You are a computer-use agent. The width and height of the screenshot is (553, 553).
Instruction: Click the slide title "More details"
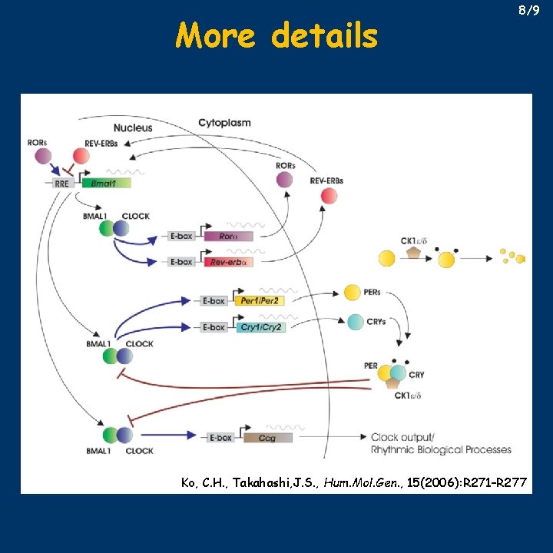pyautogui.click(x=276, y=35)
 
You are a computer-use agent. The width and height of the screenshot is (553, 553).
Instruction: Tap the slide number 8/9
pyautogui.click(x=529, y=12)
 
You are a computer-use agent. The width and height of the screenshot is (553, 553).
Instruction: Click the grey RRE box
pyautogui.click(x=62, y=183)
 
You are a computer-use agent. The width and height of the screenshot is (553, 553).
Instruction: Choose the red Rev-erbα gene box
pyautogui.click(x=227, y=262)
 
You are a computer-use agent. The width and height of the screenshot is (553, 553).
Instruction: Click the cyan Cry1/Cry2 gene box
pyautogui.click(x=261, y=327)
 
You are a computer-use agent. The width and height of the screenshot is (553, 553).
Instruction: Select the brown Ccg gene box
pyautogui.click(x=267, y=438)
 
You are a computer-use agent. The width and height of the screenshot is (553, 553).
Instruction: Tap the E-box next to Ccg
pyautogui.click(x=220, y=438)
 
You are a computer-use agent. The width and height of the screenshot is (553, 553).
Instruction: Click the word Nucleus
pyautogui.click(x=133, y=127)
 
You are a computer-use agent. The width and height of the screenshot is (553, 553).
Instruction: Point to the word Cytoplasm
pyautogui.click(x=224, y=123)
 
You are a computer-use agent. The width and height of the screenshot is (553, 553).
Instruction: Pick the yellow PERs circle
pyautogui.click(x=352, y=293)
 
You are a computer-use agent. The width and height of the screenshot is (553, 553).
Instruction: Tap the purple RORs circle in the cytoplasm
pyautogui.click(x=285, y=180)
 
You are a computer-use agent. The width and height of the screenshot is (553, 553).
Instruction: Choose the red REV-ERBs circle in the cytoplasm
pyautogui.click(x=329, y=196)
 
